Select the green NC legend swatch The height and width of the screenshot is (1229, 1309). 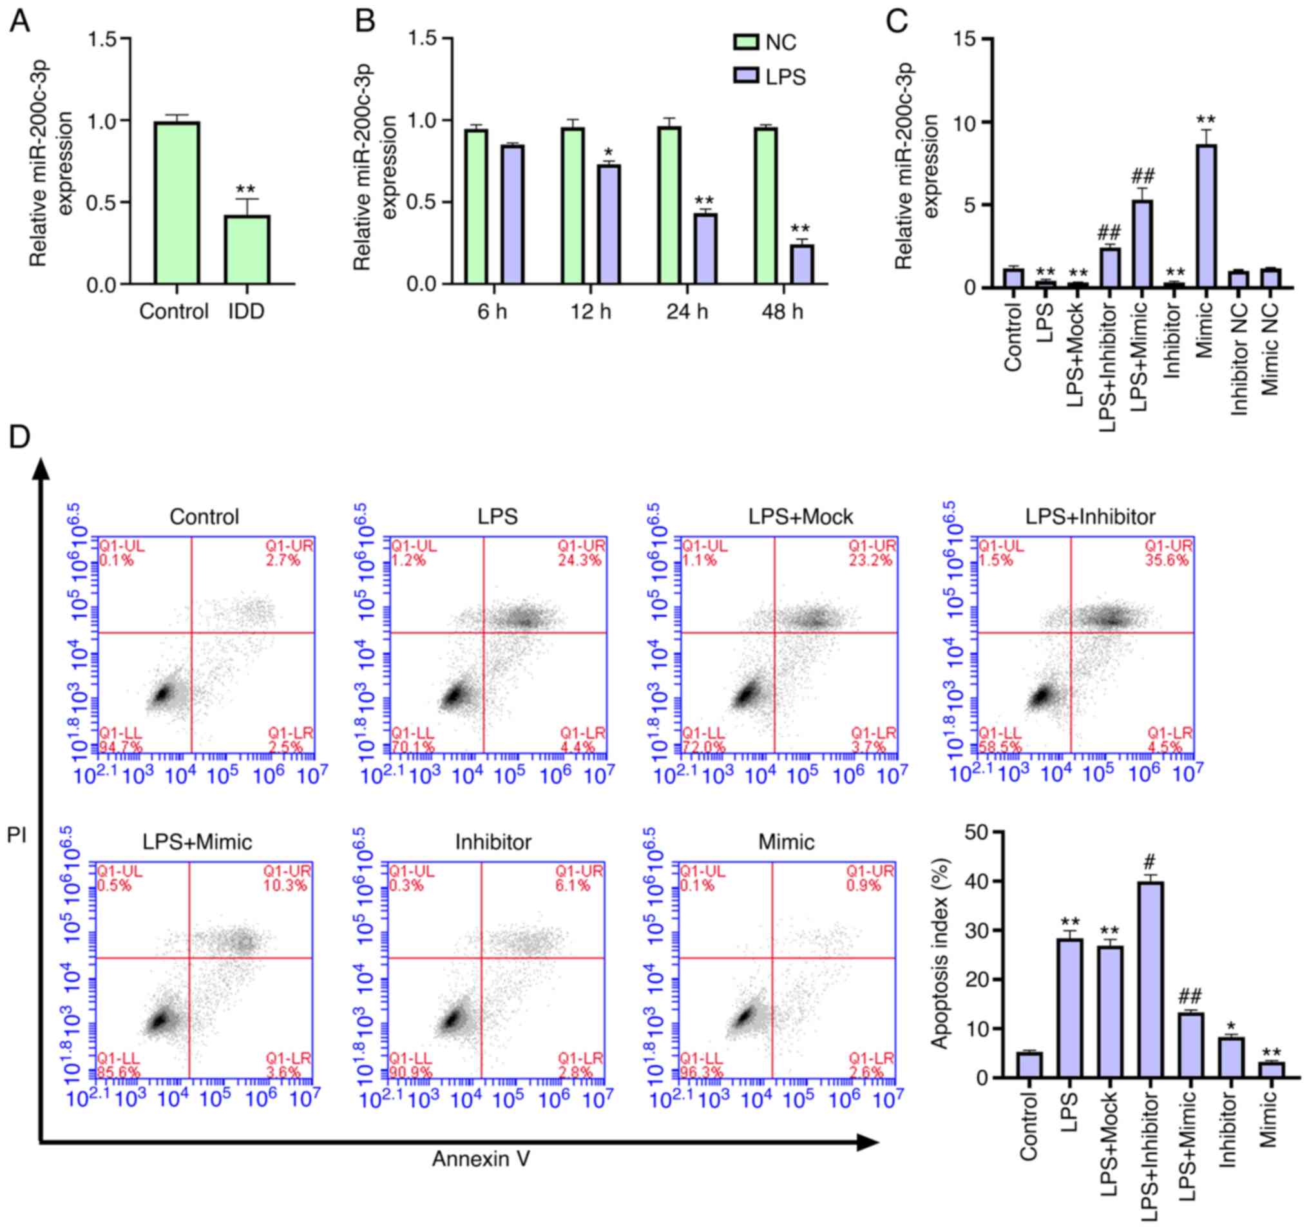coord(745,43)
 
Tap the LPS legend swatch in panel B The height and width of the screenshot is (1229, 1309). coord(745,77)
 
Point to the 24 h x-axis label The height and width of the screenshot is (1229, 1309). coord(687,311)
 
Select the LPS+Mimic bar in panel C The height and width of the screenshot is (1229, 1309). coord(1142,244)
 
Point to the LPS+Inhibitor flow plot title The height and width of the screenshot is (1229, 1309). coord(1090,517)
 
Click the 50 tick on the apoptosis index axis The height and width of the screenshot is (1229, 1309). coord(977,833)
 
